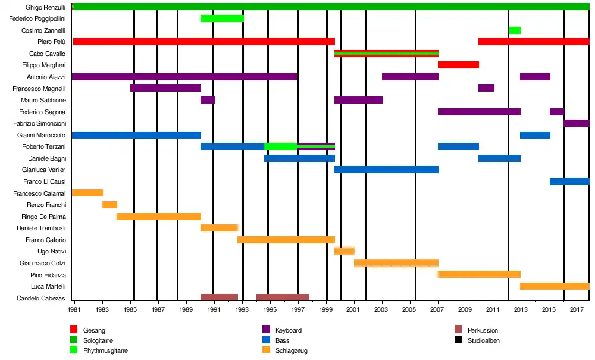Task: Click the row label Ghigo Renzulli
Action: click(45, 7)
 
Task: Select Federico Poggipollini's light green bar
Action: click(222, 18)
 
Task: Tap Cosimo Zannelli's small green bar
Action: click(515, 30)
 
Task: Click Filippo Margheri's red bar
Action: click(458, 65)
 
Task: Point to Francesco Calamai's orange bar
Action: click(87, 193)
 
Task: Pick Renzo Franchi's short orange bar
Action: click(109, 205)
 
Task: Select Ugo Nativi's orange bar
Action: click(345, 251)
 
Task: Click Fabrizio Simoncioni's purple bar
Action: click(576, 123)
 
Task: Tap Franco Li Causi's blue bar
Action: click(569, 181)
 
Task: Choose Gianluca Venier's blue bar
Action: click(386, 170)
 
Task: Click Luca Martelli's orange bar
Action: click(555, 286)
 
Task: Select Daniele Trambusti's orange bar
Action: click(219, 228)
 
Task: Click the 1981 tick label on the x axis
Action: click(74, 310)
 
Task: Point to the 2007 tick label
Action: click(438, 310)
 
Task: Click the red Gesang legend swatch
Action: click(74, 330)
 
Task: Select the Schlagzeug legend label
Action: click(292, 351)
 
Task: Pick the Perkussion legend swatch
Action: click(458, 330)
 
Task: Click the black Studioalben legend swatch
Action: click(458, 340)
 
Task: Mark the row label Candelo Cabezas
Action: click(42, 298)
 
